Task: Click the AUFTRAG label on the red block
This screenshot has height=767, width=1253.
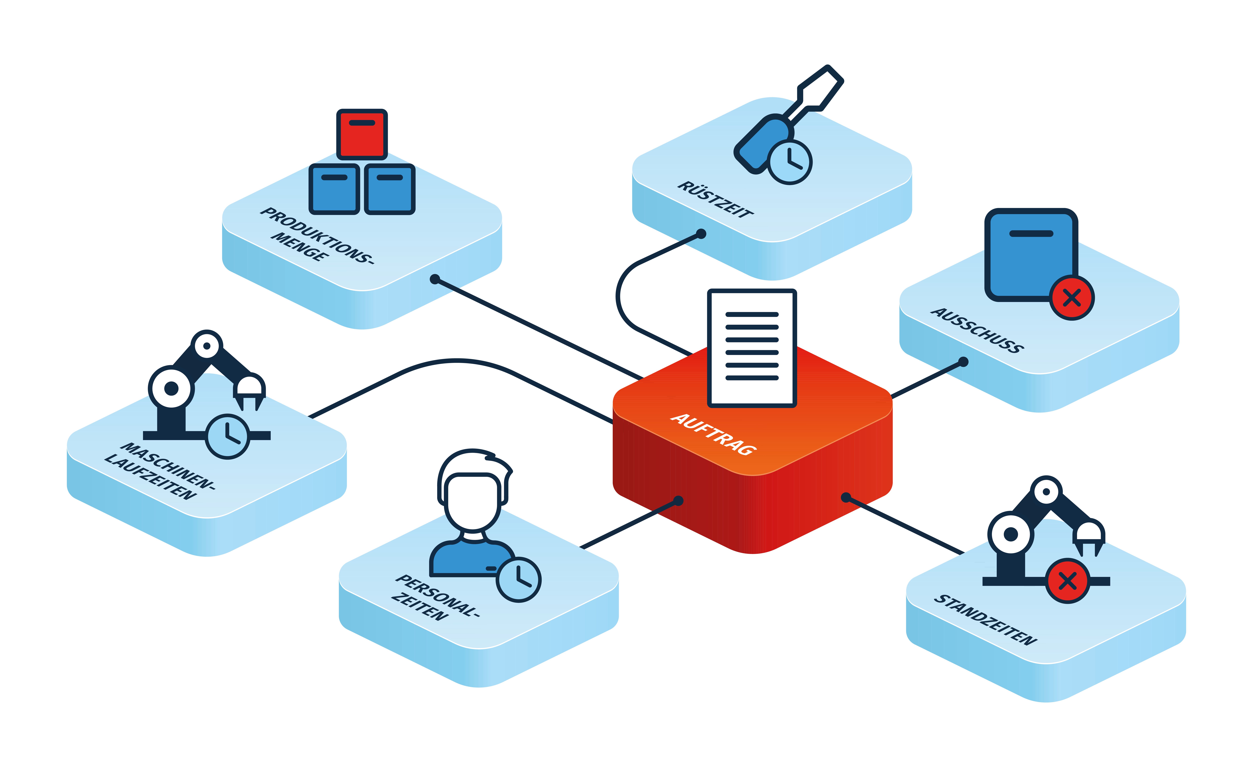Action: [713, 434]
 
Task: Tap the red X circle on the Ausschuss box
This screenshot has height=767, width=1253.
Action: [1071, 297]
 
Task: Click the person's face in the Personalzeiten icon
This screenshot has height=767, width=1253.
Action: [473, 501]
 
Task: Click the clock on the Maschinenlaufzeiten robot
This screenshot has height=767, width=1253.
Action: [227, 436]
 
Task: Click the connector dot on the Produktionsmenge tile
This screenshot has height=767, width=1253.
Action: [435, 279]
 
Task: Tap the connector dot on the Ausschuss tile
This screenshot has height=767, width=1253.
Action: [963, 362]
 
